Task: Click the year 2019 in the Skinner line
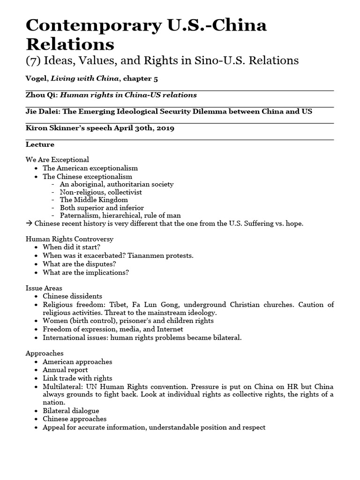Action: (165, 127)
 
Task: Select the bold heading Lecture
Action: (40, 144)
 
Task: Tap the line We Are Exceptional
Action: (57, 160)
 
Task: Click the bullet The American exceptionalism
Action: (90, 168)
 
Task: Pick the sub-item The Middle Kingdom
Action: (94, 200)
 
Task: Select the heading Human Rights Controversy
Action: (69, 239)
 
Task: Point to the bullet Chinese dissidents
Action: (72, 296)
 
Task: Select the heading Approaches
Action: (45, 353)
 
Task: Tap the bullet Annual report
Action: (65, 370)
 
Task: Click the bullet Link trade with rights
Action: (77, 378)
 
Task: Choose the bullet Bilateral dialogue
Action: (71, 411)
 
